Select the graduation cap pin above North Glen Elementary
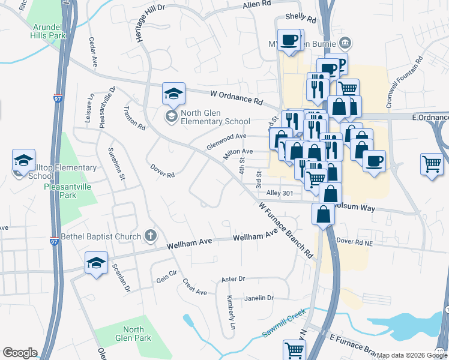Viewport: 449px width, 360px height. [173, 94]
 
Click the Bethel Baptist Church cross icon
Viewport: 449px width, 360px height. [150, 236]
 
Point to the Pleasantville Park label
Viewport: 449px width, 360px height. [68, 191]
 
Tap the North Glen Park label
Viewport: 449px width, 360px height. [133, 334]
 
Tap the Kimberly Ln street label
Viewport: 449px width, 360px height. [230, 307]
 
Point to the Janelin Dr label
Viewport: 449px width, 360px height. [259, 298]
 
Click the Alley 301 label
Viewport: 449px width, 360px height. [279, 193]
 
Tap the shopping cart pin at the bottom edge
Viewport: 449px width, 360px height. [294, 350]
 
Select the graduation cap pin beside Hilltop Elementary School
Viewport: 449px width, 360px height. [23, 161]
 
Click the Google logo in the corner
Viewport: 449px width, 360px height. [20, 353]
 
